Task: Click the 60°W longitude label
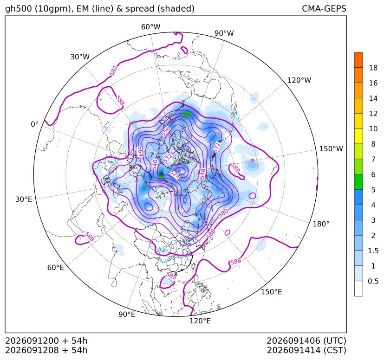tap(150, 27)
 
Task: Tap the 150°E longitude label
tap(271, 292)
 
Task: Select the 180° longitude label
tap(321, 224)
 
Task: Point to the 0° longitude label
tap(34, 124)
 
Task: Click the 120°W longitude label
tap(299, 80)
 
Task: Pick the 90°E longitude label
tap(127, 314)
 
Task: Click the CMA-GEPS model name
tap(324, 8)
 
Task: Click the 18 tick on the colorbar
tap(373, 68)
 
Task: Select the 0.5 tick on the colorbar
tap(373, 281)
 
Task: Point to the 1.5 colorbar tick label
tap(373, 251)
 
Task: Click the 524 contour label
tap(176, 174)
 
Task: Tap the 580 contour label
tap(223, 212)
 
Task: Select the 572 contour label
tap(217, 148)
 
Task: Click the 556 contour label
tap(166, 131)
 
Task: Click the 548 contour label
tap(202, 174)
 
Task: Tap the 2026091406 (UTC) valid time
tap(306, 341)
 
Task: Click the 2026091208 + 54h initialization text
tap(46, 350)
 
